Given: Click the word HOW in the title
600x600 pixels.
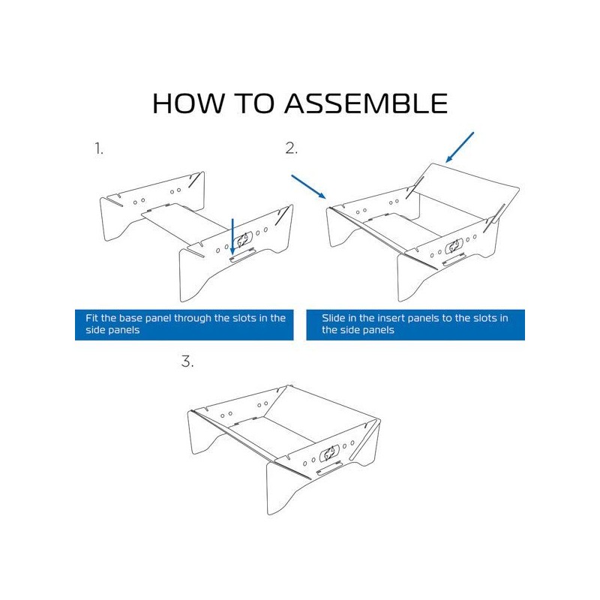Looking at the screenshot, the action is pyautogui.click(x=188, y=103).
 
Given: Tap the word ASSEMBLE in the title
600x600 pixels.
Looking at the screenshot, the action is pyautogui.click(x=366, y=103).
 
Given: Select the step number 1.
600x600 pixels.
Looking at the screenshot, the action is pyautogui.click(x=99, y=148).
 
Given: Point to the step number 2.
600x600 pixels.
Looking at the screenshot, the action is pyautogui.click(x=291, y=148).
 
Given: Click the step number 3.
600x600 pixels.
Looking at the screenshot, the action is pyautogui.click(x=187, y=361).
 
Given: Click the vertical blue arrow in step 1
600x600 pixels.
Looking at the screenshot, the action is pyautogui.click(x=232, y=236).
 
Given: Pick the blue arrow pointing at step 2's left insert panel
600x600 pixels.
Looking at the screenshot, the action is pyautogui.click(x=308, y=187).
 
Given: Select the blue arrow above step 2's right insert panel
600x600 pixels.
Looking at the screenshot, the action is pyautogui.click(x=460, y=147).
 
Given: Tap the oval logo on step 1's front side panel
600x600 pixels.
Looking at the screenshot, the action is pyautogui.click(x=243, y=240).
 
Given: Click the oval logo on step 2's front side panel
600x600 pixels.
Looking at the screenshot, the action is pyautogui.click(x=454, y=246).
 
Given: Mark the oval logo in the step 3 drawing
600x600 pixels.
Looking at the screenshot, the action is pyautogui.click(x=330, y=453).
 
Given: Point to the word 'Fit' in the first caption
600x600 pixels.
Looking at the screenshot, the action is pyautogui.click(x=91, y=318).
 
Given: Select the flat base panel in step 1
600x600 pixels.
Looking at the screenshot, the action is pyautogui.click(x=184, y=220).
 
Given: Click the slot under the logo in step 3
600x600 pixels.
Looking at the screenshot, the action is pyautogui.click(x=330, y=468).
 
